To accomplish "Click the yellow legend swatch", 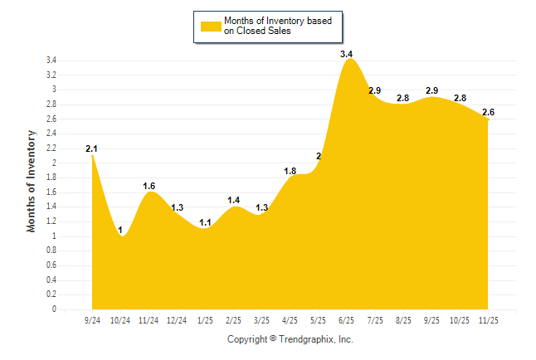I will (x=210, y=26).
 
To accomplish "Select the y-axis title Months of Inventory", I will (x=32, y=180).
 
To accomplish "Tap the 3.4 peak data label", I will (x=347, y=54).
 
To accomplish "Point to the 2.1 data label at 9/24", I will (x=91, y=148).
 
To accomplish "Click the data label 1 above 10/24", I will (x=120, y=230).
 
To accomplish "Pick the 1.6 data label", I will (x=149, y=186).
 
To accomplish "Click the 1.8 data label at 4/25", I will (x=290, y=171).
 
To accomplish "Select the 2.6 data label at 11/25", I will (x=489, y=112).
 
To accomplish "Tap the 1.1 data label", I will (x=206, y=222).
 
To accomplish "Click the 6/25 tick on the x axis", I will (x=347, y=319).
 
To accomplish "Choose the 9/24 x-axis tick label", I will (x=93, y=319).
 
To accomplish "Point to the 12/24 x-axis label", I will (x=177, y=319).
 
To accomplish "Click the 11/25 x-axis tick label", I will (x=489, y=319).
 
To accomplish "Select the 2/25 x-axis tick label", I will (x=234, y=319).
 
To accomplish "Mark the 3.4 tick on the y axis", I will (x=51, y=61).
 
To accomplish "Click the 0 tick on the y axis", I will (x=54, y=309).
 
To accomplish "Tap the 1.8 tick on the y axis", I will (x=51, y=178).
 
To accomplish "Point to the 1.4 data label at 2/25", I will (x=234, y=200).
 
